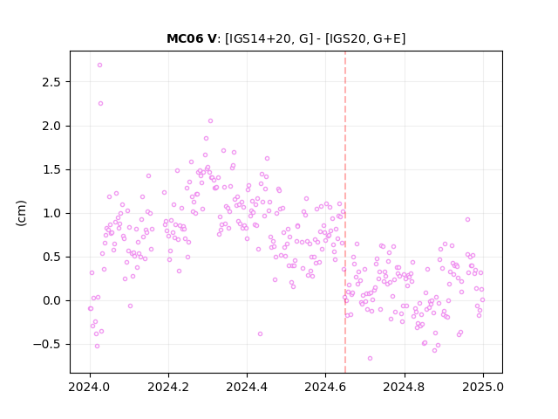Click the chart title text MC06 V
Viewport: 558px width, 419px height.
tap(192, 38)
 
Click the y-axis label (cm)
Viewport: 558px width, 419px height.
tap(21, 213)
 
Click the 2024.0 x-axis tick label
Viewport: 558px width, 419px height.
tap(90, 387)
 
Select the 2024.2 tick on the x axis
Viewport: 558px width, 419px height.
tap(168, 387)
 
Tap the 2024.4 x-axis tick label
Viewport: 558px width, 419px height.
tap(247, 387)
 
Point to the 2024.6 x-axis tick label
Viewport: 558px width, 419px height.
tap(325, 387)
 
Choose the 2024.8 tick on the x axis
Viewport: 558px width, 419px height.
tap(405, 387)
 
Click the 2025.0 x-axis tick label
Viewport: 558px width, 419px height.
tap(483, 387)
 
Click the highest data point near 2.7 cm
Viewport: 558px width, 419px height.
tap(99, 65)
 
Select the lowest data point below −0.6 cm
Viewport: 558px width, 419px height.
tap(370, 358)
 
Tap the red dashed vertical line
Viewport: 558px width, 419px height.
tap(345, 212)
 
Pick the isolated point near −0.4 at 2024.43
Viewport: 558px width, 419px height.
tap(260, 333)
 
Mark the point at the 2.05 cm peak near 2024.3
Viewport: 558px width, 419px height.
tap(210, 120)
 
